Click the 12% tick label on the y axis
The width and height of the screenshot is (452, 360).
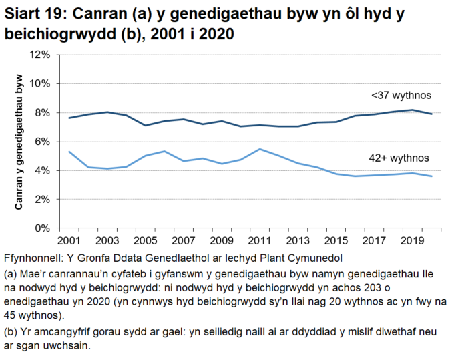[41, 55]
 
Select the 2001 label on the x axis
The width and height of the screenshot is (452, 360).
[69, 240]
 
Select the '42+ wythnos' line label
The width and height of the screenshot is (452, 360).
[399, 158]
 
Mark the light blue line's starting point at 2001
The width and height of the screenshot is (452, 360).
[69, 152]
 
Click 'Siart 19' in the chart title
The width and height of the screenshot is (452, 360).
[33, 13]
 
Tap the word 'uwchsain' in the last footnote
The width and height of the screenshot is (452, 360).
[68, 347]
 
